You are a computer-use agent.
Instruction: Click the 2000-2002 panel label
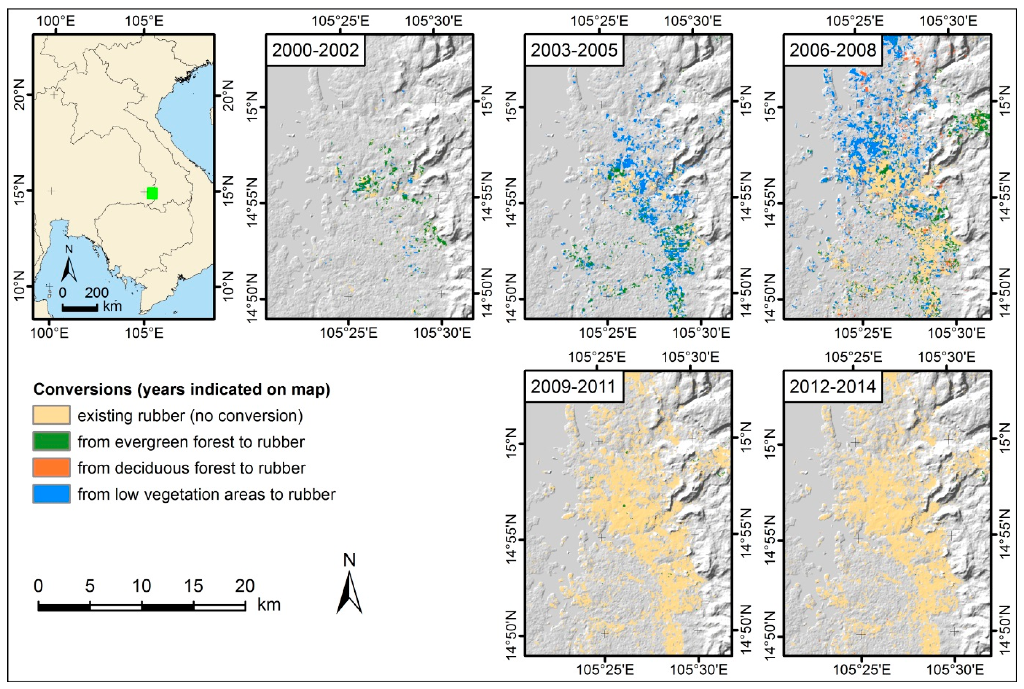pyautogui.click(x=315, y=50)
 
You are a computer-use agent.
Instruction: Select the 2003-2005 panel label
pyautogui.click(x=574, y=50)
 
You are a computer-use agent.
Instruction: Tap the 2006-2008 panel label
pyautogui.click(x=832, y=50)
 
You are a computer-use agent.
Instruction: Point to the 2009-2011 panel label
pyautogui.click(x=573, y=387)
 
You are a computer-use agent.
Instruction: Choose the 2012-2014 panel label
pyautogui.click(x=832, y=387)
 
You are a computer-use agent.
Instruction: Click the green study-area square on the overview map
pyautogui.click(x=152, y=193)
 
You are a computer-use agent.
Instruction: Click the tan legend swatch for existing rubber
pyautogui.click(x=51, y=415)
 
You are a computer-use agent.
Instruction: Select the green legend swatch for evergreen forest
pyautogui.click(x=51, y=442)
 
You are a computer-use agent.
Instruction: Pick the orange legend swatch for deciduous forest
pyautogui.click(x=51, y=468)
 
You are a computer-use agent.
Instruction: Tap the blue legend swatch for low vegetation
pyautogui.click(x=51, y=494)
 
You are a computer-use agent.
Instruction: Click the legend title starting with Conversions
pyautogui.click(x=182, y=389)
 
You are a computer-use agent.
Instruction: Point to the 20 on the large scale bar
pyautogui.click(x=244, y=586)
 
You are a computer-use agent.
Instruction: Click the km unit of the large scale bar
pyautogui.click(x=269, y=605)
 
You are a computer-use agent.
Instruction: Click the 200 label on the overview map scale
pyautogui.click(x=97, y=293)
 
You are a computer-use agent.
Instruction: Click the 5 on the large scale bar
pyautogui.click(x=90, y=586)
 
